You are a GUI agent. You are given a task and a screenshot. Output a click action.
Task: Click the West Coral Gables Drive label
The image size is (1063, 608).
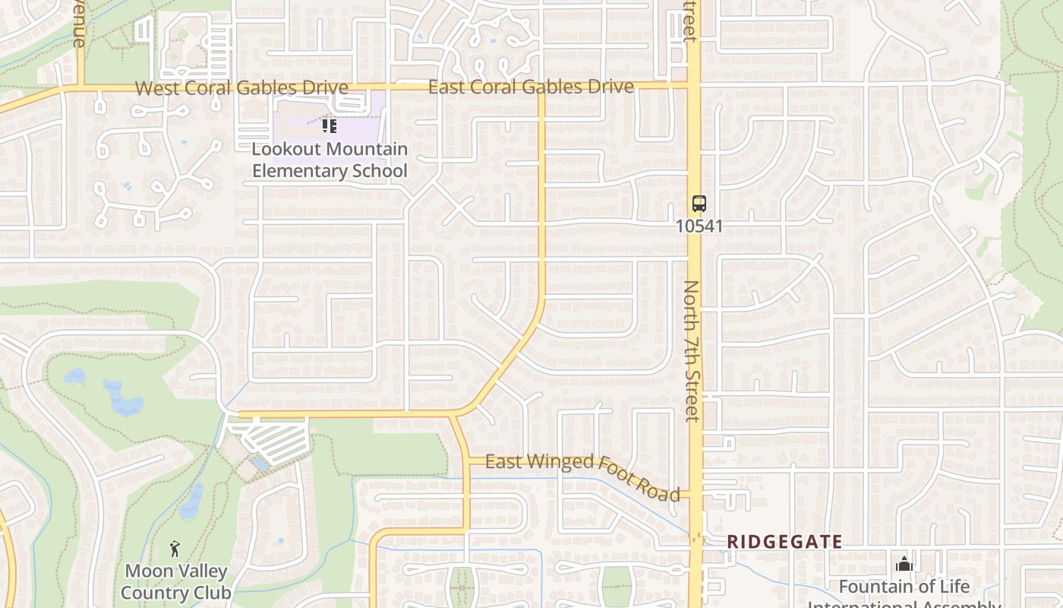pyautogui.click(x=241, y=87)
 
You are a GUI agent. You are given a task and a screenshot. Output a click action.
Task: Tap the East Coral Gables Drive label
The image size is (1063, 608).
pyautogui.click(x=531, y=87)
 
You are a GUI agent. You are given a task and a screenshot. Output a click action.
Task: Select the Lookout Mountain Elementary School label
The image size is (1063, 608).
pyautogui.click(x=330, y=160)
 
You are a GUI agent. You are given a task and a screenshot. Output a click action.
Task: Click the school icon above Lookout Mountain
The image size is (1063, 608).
pyautogui.click(x=329, y=125)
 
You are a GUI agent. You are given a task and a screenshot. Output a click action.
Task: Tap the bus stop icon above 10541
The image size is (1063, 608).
pyautogui.click(x=699, y=204)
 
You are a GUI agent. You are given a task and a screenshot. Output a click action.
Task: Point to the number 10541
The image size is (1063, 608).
pyautogui.click(x=699, y=226)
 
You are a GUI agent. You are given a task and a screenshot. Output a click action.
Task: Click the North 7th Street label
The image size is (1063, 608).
pyautogui.click(x=691, y=350)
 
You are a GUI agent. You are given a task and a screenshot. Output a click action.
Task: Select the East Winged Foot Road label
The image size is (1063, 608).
pyautogui.click(x=582, y=472)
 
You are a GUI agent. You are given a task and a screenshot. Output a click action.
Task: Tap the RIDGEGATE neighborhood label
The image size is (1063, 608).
pyautogui.click(x=784, y=542)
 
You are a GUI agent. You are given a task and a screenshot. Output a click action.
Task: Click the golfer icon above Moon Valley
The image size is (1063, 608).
pyautogui.click(x=175, y=548)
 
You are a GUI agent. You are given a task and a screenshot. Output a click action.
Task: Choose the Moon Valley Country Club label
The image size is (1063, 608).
pyautogui.click(x=176, y=581)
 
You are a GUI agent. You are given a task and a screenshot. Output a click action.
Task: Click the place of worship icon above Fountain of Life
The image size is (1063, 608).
pyautogui.click(x=904, y=564)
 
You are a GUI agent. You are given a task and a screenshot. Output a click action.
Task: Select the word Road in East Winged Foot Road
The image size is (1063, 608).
pyautogui.click(x=658, y=489)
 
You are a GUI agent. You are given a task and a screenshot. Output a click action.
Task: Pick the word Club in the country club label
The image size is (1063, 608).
pyautogui.click(x=213, y=593)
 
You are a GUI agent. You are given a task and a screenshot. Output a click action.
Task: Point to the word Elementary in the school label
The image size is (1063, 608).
pyautogui.click(x=293, y=171)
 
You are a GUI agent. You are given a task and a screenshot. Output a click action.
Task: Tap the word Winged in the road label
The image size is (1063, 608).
pyautogui.click(x=566, y=462)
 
